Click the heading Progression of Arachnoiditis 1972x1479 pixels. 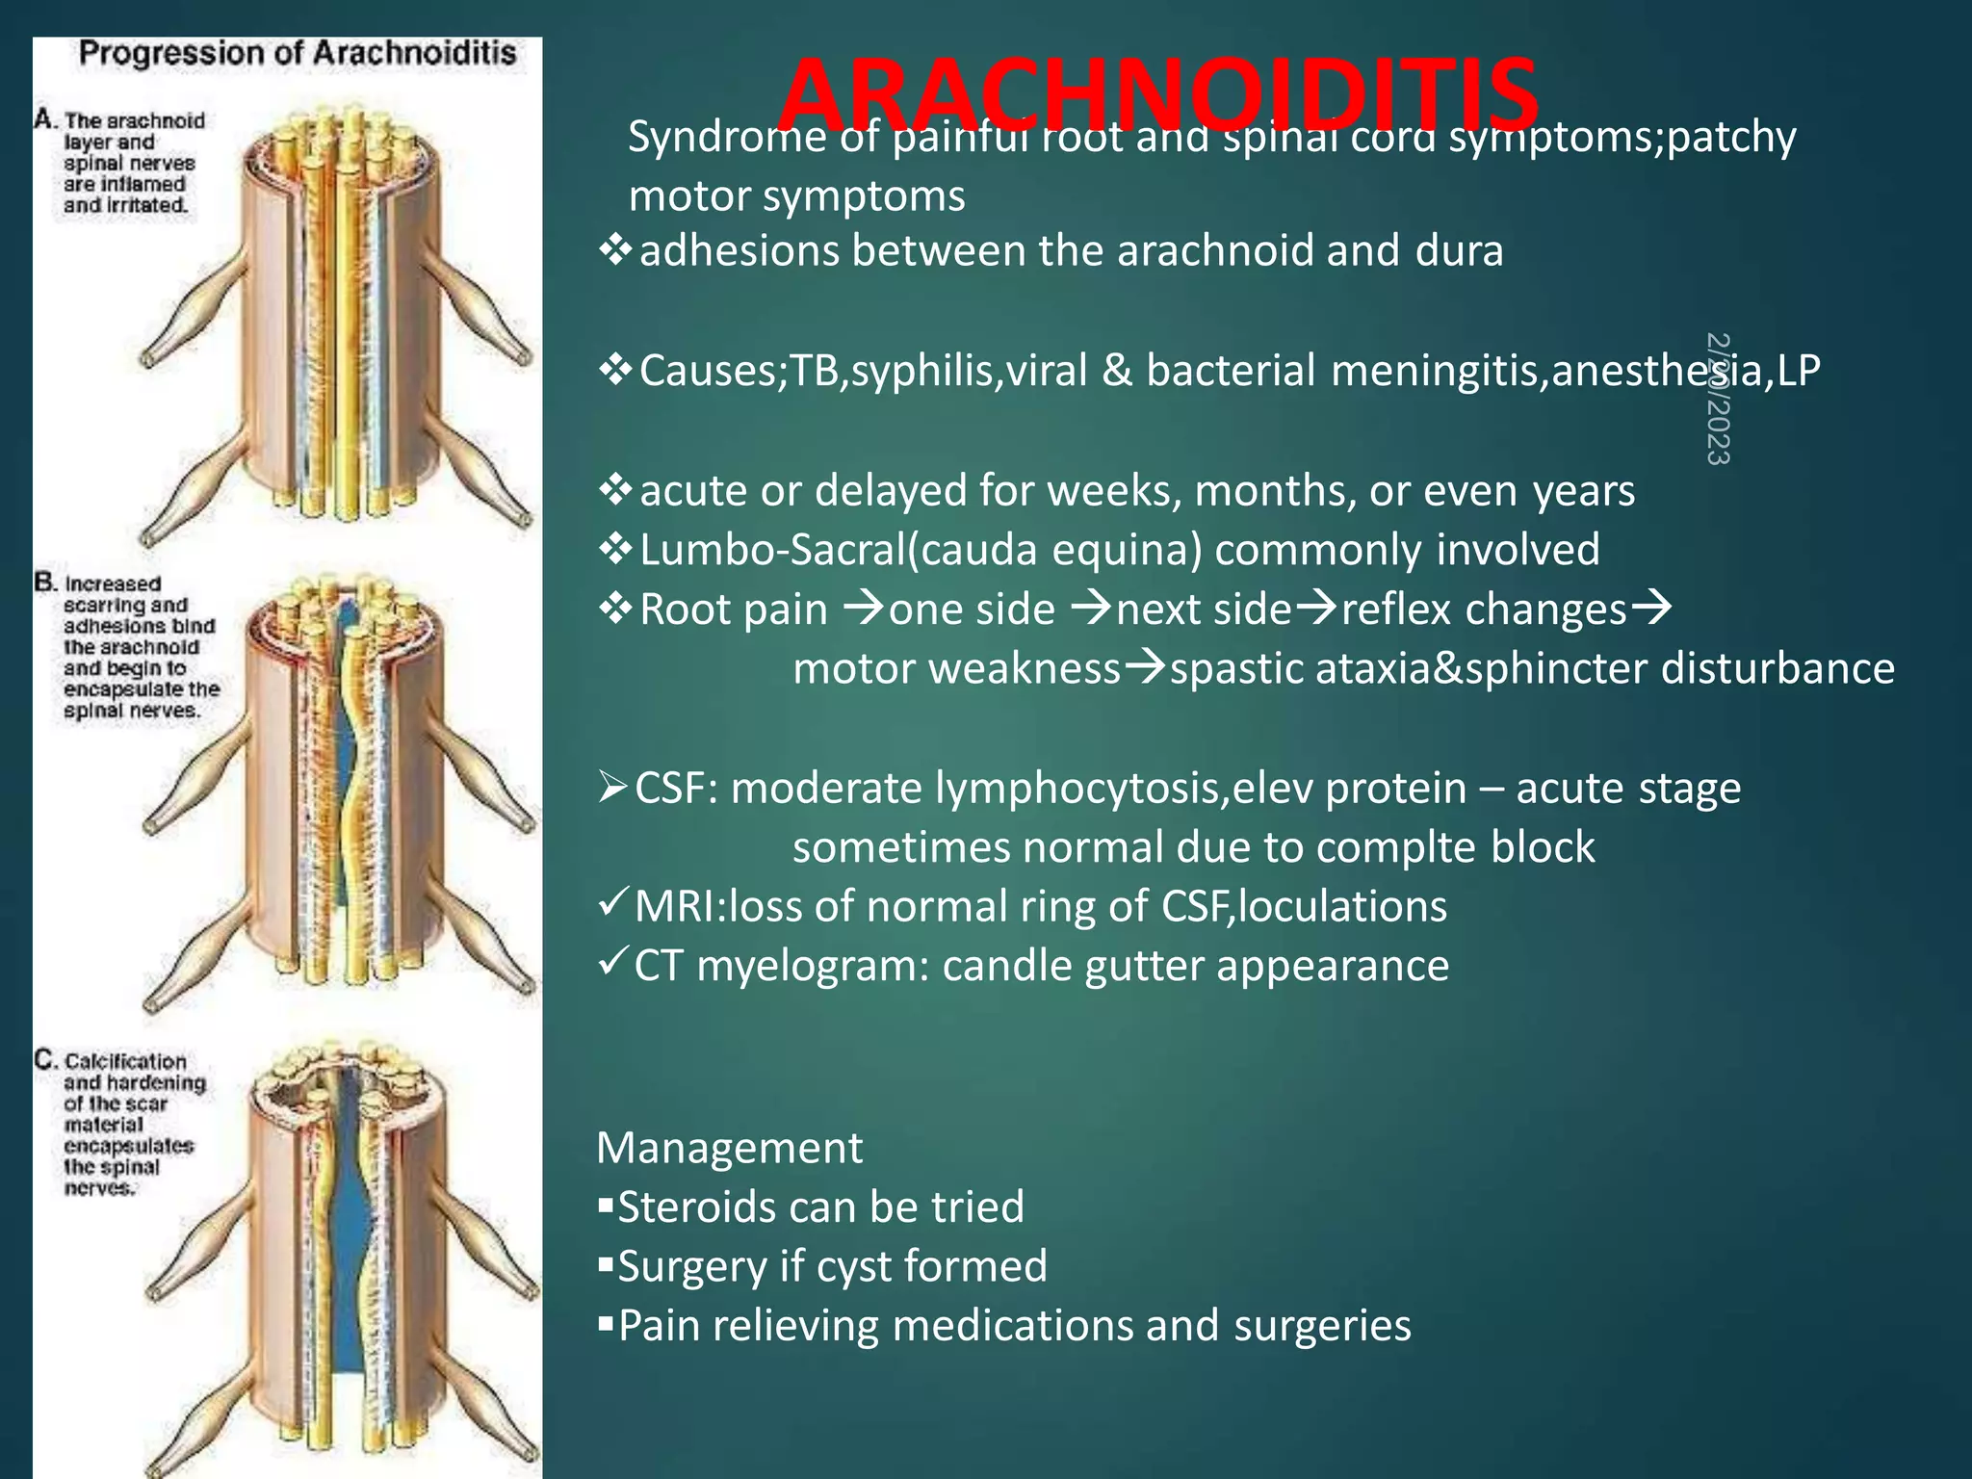[298, 54]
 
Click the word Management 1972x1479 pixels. [729, 1148]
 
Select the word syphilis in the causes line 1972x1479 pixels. [921, 371]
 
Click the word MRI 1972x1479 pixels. [676, 907]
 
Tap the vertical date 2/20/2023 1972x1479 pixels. [1718, 399]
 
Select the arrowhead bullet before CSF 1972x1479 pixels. [612, 787]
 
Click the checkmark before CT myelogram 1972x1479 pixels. [612, 962]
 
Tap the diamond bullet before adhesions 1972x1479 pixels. [614, 251]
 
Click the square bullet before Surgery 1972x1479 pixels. [605, 1264]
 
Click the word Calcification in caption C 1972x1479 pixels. [125, 1061]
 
